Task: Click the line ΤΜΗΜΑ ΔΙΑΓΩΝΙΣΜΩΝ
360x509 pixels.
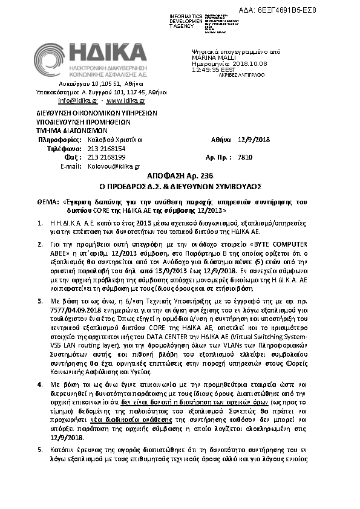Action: click(71, 129)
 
